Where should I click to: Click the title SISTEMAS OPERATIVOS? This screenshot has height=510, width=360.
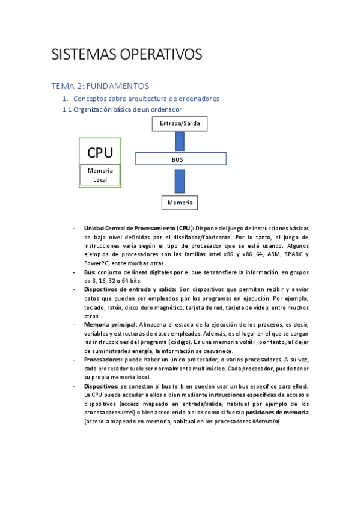tap(127, 54)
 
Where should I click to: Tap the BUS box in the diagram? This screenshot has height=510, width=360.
tap(180, 159)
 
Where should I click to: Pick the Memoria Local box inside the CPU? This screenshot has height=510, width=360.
tap(100, 174)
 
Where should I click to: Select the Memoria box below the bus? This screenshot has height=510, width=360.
tap(180, 203)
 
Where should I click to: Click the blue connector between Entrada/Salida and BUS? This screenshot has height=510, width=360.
tap(180, 141)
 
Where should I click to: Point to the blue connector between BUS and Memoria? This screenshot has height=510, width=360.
tap(180, 180)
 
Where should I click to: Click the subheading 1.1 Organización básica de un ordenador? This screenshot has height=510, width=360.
tap(122, 109)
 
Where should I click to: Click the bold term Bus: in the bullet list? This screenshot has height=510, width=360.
tap(90, 272)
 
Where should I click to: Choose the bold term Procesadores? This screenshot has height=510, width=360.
tap(103, 360)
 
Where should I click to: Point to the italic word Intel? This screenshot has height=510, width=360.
tap(127, 413)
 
